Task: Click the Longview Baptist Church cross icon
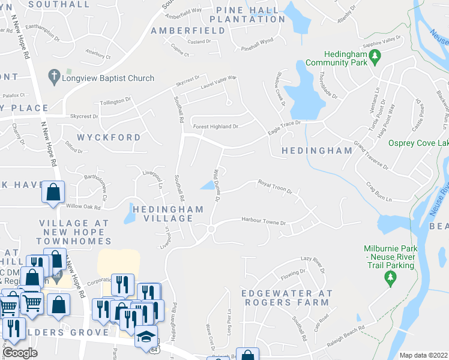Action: pos(54,77)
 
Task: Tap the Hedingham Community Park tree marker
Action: pos(376,58)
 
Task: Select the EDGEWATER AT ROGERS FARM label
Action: pos(286,298)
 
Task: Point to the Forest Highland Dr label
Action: pos(215,127)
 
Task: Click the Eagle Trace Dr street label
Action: pos(283,125)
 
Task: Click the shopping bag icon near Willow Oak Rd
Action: pos(53,192)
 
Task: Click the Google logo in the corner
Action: pos(20,353)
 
